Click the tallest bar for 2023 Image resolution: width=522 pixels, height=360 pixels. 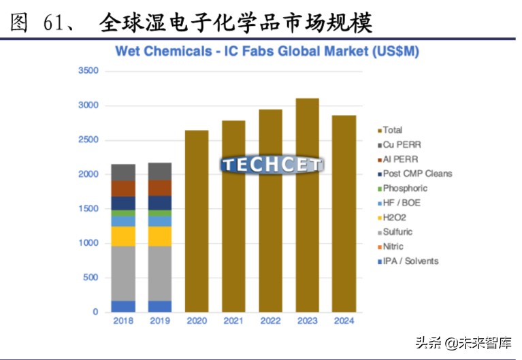click(308, 204)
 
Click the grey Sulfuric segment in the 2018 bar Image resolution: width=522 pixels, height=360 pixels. click(123, 273)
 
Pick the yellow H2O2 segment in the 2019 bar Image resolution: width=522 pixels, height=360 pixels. click(160, 236)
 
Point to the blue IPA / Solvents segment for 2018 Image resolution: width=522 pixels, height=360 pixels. click(123, 306)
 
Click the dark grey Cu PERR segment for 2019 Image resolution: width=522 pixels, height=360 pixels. click(160, 171)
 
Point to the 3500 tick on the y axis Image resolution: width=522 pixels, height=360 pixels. click(88, 71)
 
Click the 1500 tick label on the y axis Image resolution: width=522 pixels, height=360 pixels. click(88, 209)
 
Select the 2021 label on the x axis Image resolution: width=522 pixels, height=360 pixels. click(233, 321)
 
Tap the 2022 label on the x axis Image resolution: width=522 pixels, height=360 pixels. click(270, 321)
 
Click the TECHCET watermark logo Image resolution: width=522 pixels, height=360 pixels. click(272, 165)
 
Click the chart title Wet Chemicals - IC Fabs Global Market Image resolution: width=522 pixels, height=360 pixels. click(267, 51)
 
